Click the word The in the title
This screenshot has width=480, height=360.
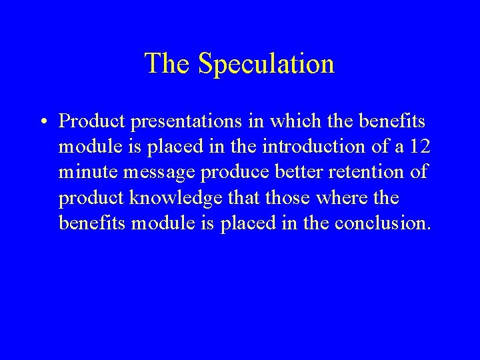pyautogui.click(x=167, y=63)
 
